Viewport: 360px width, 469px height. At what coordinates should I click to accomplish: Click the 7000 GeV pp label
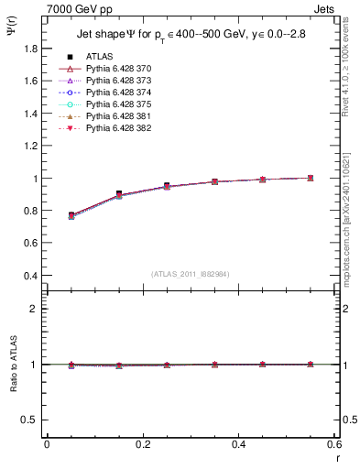click(73, 7)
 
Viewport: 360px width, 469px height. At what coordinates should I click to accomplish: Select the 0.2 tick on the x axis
click(142, 444)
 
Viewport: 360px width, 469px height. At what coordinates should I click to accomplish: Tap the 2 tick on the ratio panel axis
click(36, 309)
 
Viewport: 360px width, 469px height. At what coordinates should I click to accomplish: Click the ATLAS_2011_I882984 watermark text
click(191, 273)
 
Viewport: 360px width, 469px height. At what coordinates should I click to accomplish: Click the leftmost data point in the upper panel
click(71, 215)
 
